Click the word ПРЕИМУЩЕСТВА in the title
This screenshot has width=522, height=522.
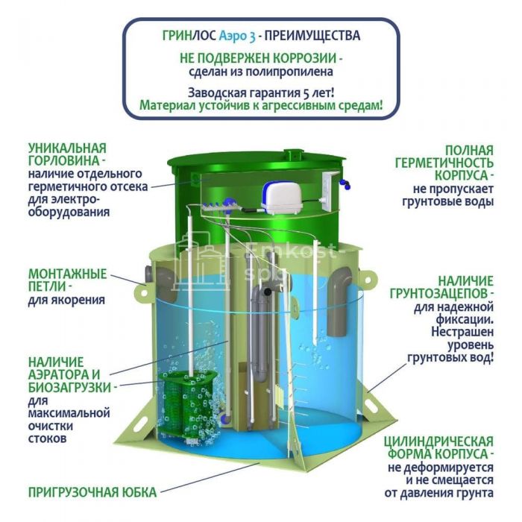click(x=312, y=36)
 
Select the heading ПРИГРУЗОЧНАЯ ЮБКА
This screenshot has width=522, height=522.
click(x=92, y=492)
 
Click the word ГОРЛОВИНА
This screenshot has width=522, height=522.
click(x=63, y=161)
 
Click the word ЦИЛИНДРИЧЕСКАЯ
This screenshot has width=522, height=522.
click(x=438, y=441)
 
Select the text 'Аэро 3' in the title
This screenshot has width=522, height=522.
click(x=237, y=36)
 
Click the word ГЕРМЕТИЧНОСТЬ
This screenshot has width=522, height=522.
click(x=444, y=163)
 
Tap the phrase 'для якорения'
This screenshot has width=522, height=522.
click(x=66, y=300)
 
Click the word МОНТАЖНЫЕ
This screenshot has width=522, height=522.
click(x=68, y=274)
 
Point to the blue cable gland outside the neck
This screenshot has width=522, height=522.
click(x=345, y=183)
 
